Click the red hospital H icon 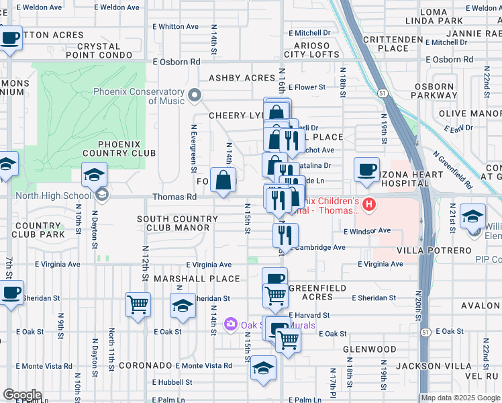click(x=367, y=203)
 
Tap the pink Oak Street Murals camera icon click(x=232, y=324)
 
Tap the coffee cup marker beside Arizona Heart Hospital click(x=366, y=171)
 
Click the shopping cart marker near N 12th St click(x=138, y=304)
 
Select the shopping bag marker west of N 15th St click(x=223, y=179)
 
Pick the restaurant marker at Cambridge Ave click(x=285, y=236)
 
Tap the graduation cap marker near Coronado click(x=263, y=369)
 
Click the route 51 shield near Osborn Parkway click(x=401, y=92)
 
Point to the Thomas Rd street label click(x=174, y=197)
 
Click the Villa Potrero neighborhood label click(x=444, y=250)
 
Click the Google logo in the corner click(x=22, y=395)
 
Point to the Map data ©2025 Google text click(x=460, y=398)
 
